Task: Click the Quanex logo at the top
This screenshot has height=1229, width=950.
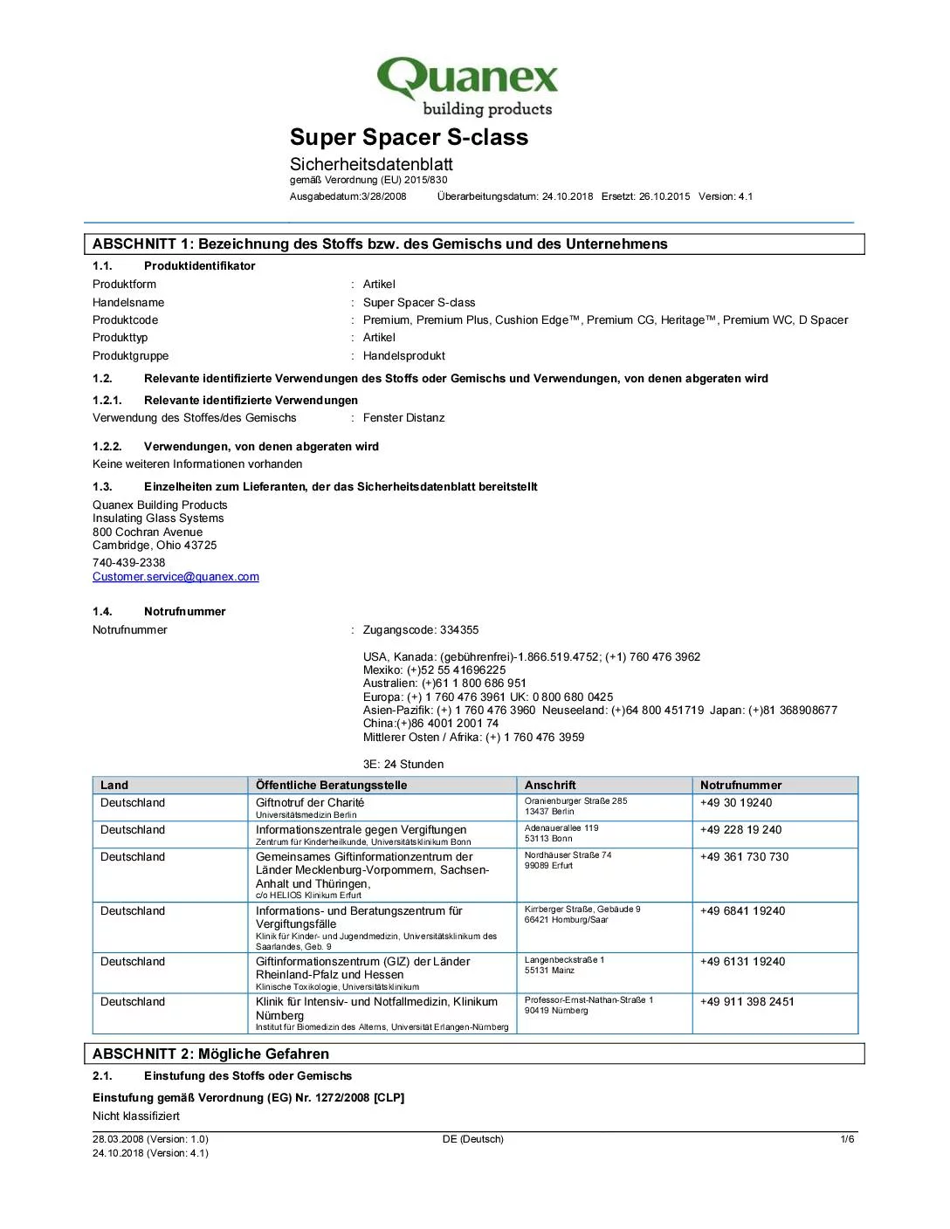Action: click(467, 86)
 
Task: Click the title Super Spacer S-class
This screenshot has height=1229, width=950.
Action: click(409, 137)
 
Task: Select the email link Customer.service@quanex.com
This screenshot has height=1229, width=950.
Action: click(176, 577)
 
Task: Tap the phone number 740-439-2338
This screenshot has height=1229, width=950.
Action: click(128, 563)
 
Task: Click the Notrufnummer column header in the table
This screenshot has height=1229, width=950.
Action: click(740, 786)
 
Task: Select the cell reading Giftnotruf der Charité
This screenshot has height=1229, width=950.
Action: click(310, 803)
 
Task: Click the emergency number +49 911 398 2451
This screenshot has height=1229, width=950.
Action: click(747, 1002)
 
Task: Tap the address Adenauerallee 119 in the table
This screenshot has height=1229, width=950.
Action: click(561, 828)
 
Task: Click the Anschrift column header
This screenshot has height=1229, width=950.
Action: click(550, 786)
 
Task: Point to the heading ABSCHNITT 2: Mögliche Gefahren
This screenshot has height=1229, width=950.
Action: click(210, 1054)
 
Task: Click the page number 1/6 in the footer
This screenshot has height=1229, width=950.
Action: click(847, 1139)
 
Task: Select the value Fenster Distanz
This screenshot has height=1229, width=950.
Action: click(403, 418)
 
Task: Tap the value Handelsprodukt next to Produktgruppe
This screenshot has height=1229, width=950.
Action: click(403, 356)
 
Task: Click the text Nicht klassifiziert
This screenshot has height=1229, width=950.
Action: click(136, 1116)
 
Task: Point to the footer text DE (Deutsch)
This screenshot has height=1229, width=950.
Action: click(472, 1139)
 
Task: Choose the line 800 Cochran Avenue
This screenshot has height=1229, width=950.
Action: click(148, 532)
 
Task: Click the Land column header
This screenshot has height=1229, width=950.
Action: click(114, 786)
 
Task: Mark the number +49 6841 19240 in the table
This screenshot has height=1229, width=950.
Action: click(742, 911)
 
